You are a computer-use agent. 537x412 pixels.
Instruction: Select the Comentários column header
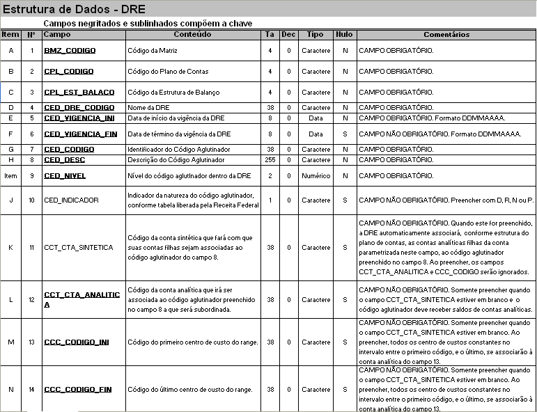(446, 34)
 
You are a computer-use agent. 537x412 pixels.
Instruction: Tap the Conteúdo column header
(192, 34)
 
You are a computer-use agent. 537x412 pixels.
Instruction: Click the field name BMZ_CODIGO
(70, 51)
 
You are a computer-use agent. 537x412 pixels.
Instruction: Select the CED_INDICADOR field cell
(71, 200)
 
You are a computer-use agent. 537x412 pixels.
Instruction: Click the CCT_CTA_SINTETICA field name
(78, 247)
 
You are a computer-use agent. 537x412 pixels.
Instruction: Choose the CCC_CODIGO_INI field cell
(76, 342)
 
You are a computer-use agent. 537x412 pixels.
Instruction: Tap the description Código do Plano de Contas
(168, 72)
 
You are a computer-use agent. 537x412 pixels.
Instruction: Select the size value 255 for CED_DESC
(270, 160)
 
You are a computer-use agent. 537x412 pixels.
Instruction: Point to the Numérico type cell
(316, 176)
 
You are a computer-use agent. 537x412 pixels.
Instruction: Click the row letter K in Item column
(10, 247)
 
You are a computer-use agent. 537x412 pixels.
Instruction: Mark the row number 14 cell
(31, 389)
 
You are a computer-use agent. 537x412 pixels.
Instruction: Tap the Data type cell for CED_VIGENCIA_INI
(316, 118)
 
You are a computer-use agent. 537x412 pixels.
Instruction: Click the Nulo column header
(344, 34)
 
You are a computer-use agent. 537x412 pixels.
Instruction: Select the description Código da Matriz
(153, 51)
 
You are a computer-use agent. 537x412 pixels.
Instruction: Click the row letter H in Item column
(10, 160)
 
